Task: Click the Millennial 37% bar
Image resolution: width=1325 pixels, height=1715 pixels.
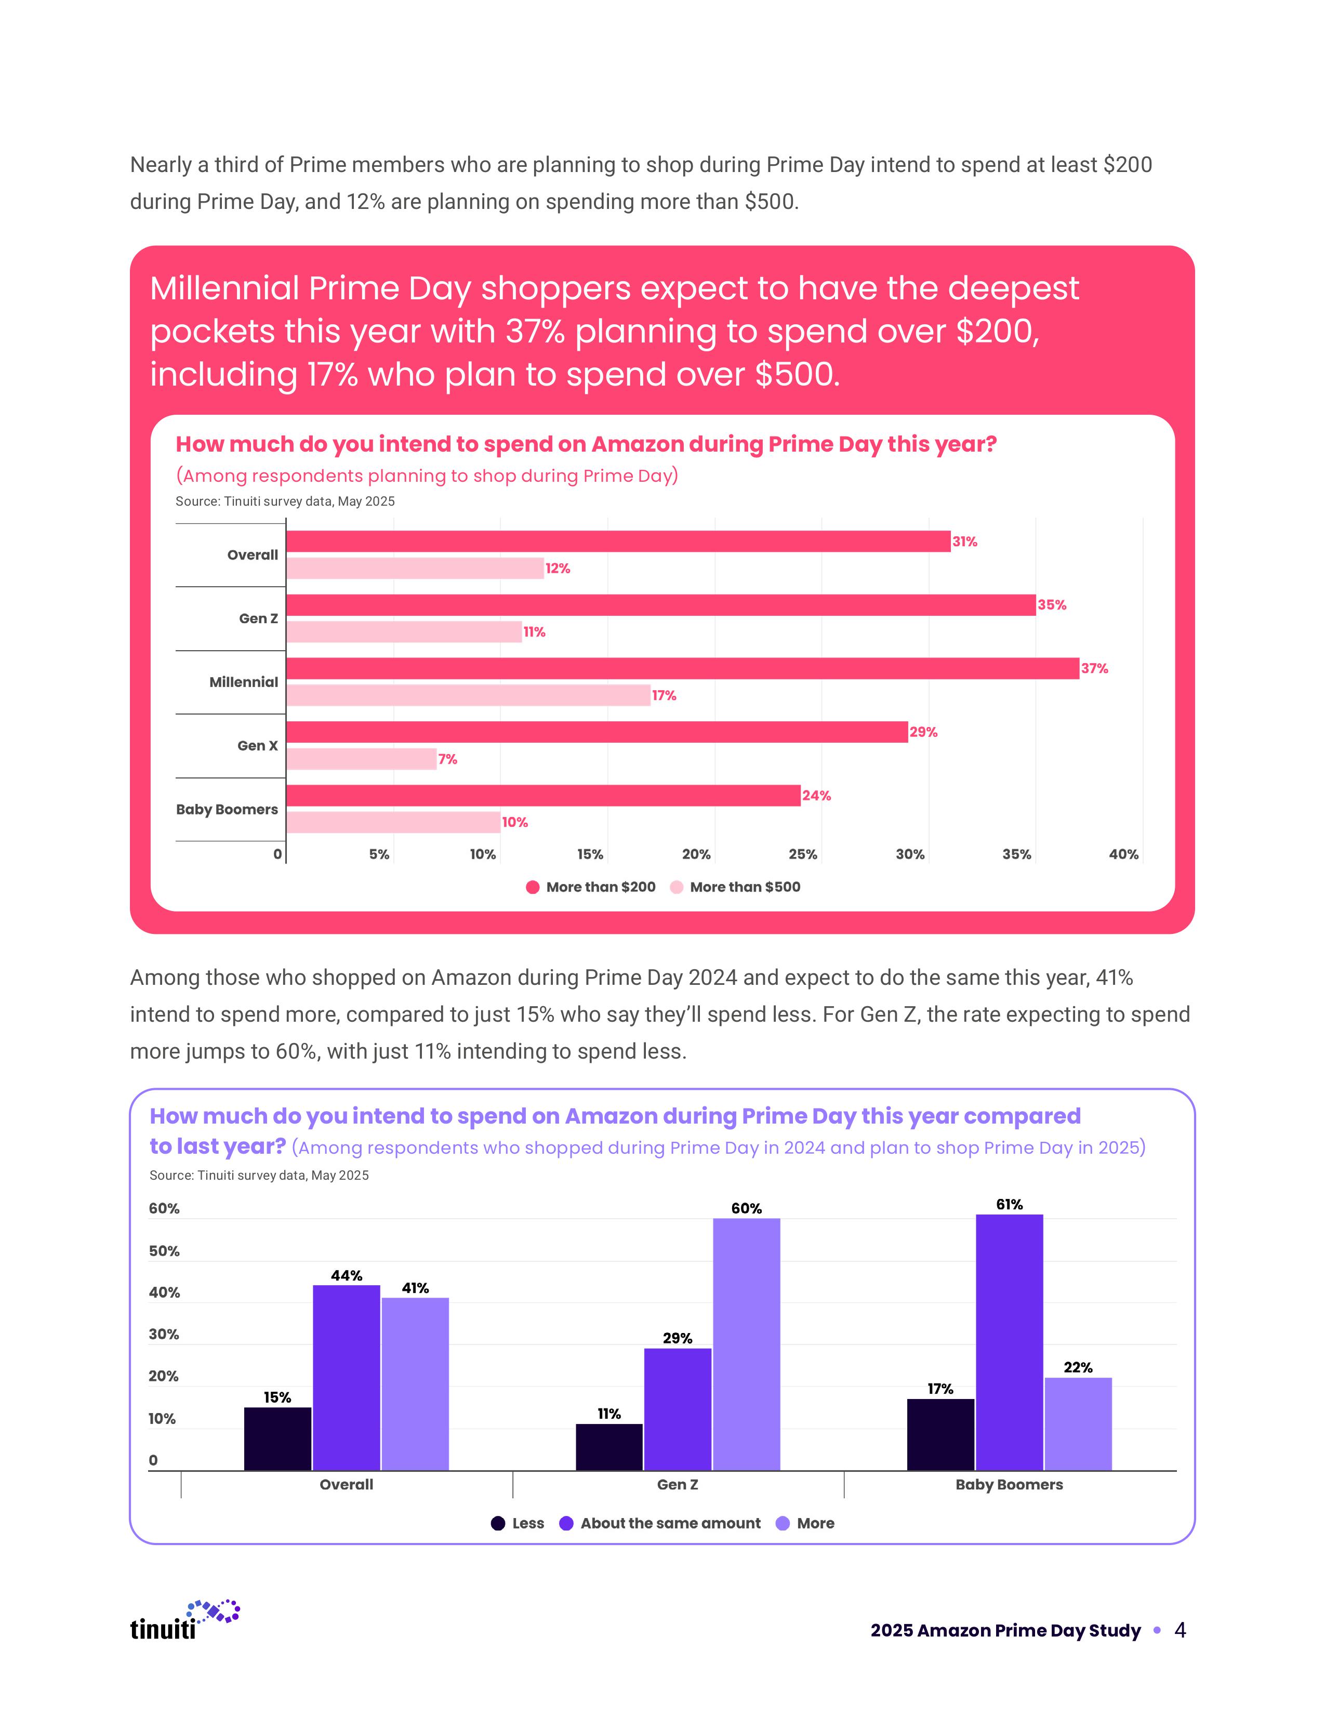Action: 682,668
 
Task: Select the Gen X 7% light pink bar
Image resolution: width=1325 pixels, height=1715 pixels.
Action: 361,759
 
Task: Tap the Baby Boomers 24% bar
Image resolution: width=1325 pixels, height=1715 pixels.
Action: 543,796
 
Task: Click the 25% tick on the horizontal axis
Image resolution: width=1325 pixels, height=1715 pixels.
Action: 802,854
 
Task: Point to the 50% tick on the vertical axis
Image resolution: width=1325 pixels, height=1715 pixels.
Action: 164,1251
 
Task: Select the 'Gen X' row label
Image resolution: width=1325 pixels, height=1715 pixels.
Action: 257,746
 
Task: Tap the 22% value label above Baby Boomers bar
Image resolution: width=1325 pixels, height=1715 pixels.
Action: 1078,1367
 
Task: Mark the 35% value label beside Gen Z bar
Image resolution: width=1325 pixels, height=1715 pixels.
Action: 1052,604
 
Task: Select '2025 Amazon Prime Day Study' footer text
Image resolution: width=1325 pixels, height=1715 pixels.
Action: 1005,1631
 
